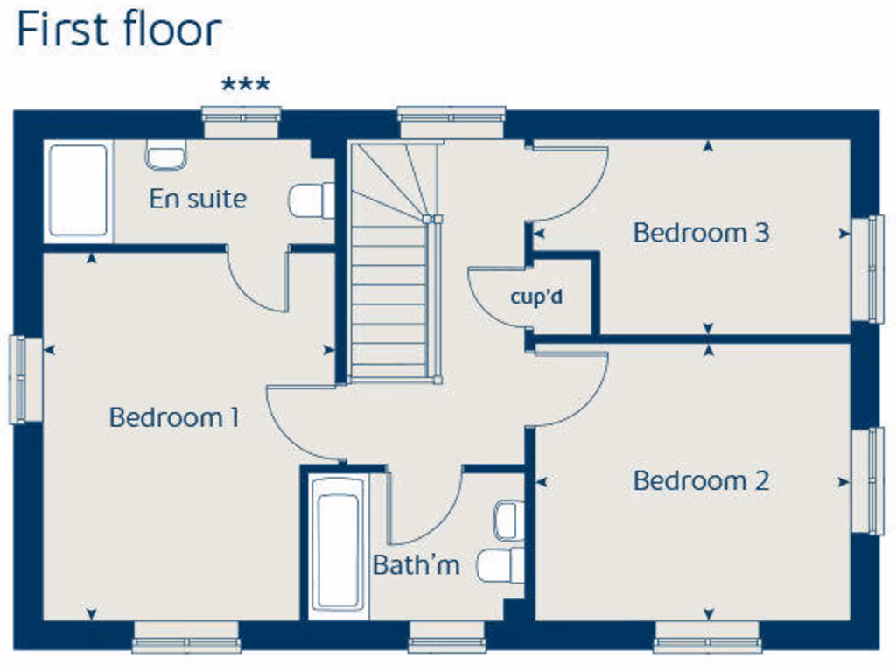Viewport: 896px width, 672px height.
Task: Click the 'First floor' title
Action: (x=118, y=31)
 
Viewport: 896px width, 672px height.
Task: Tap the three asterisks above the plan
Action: (x=246, y=86)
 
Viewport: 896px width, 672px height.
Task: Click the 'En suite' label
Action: (x=198, y=199)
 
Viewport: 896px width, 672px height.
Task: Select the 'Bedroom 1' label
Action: (x=174, y=417)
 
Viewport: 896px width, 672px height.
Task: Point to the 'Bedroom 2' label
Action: (x=701, y=480)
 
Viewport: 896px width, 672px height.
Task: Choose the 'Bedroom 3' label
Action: (x=701, y=233)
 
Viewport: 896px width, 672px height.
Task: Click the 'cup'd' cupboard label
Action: (x=536, y=297)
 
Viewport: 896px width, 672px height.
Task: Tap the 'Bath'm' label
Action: (x=416, y=564)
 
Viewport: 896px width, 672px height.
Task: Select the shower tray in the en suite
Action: (x=79, y=192)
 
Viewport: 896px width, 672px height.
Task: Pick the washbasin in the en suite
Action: (x=165, y=155)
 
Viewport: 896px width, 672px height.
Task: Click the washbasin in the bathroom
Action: (x=507, y=521)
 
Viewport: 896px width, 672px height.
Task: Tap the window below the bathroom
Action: (x=447, y=636)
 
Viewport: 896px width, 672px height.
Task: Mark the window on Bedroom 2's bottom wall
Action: (x=707, y=636)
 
